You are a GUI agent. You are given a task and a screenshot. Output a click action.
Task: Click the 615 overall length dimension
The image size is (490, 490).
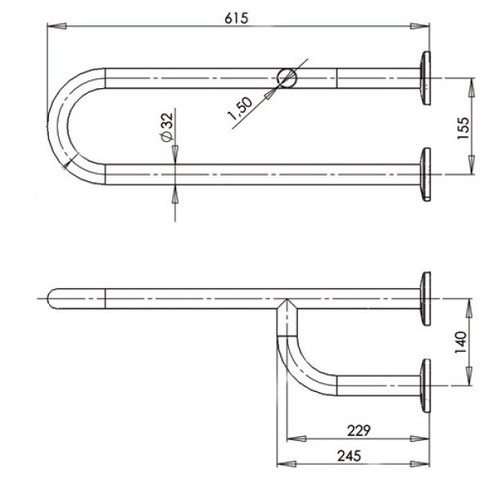(237, 18)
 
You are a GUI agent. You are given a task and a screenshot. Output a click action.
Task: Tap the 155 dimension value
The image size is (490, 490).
(463, 128)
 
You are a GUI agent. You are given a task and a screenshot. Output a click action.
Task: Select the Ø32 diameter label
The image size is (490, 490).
(167, 127)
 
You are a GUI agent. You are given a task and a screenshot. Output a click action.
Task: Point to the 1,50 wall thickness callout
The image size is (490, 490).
(240, 109)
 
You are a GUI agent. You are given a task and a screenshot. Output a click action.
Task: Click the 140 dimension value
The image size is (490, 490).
(461, 342)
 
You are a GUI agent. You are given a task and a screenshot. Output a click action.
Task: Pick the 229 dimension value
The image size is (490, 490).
(359, 431)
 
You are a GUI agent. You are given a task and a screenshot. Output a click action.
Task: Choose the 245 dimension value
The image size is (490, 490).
(349, 456)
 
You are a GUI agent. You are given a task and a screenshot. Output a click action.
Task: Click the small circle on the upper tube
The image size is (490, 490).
(287, 78)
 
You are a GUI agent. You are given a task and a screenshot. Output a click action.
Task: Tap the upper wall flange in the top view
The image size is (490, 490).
(425, 78)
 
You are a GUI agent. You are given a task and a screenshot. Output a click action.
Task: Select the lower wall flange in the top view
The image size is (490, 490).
(425, 175)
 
